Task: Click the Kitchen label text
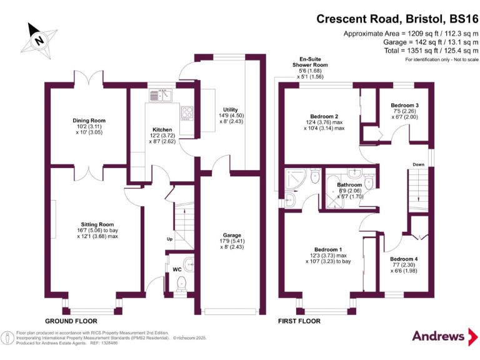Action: click(x=162, y=130)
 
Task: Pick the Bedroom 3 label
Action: click(x=404, y=106)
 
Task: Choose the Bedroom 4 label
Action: click(x=404, y=259)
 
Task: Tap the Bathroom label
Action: click(x=349, y=185)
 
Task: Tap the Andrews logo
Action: click(x=438, y=336)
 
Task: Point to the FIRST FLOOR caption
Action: click(x=299, y=321)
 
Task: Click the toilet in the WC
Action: click(x=181, y=283)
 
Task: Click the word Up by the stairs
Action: click(x=169, y=239)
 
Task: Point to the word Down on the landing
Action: click(x=419, y=164)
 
